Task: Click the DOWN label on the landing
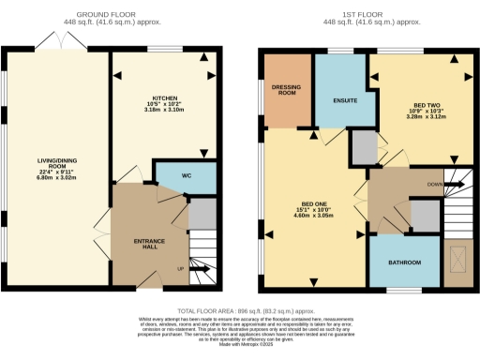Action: [x=432, y=185]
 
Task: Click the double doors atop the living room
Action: [x=56, y=41]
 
